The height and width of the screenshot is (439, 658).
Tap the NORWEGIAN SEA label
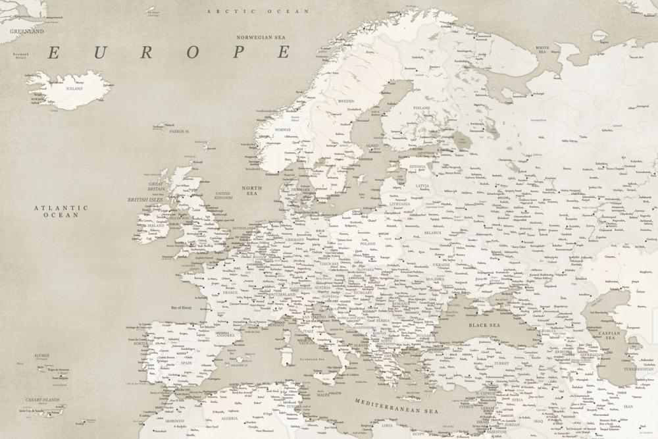[264, 38]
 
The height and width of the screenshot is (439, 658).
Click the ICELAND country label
[74, 88]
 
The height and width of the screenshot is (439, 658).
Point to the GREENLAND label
[27, 31]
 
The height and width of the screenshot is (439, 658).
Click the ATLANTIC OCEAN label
[61, 211]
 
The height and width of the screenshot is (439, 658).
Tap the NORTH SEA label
[253, 191]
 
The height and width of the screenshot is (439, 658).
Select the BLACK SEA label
[484, 325]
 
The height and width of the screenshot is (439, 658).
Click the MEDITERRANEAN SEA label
[396, 405]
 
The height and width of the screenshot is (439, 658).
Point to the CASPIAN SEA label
[610, 335]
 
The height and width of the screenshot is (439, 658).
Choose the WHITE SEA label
[543, 49]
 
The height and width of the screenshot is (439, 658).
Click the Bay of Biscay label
[185, 308]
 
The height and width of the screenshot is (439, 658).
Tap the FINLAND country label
[421, 107]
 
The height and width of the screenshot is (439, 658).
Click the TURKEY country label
[502, 363]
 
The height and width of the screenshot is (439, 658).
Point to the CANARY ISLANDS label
[42, 400]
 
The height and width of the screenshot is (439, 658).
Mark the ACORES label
[41, 355]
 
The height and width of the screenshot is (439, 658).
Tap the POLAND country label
[367, 244]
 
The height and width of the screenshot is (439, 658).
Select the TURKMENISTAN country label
[636, 369]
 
